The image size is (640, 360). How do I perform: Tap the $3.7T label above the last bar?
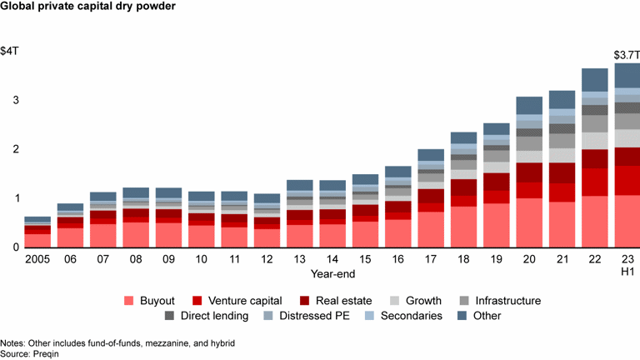pyautogui.click(x=626, y=55)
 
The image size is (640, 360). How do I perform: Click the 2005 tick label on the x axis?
pyautogui.click(x=37, y=260)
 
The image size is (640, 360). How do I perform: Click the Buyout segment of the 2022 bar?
pyautogui.click(x=594, y=222)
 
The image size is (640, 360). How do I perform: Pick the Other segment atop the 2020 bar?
pyautogui.click(x=529, y=106)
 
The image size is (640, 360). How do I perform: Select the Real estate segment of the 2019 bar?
pyautogui.click(x=497, y=182)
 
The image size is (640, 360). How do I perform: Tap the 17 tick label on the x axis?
pyautogui.click(x=431, y=260)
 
